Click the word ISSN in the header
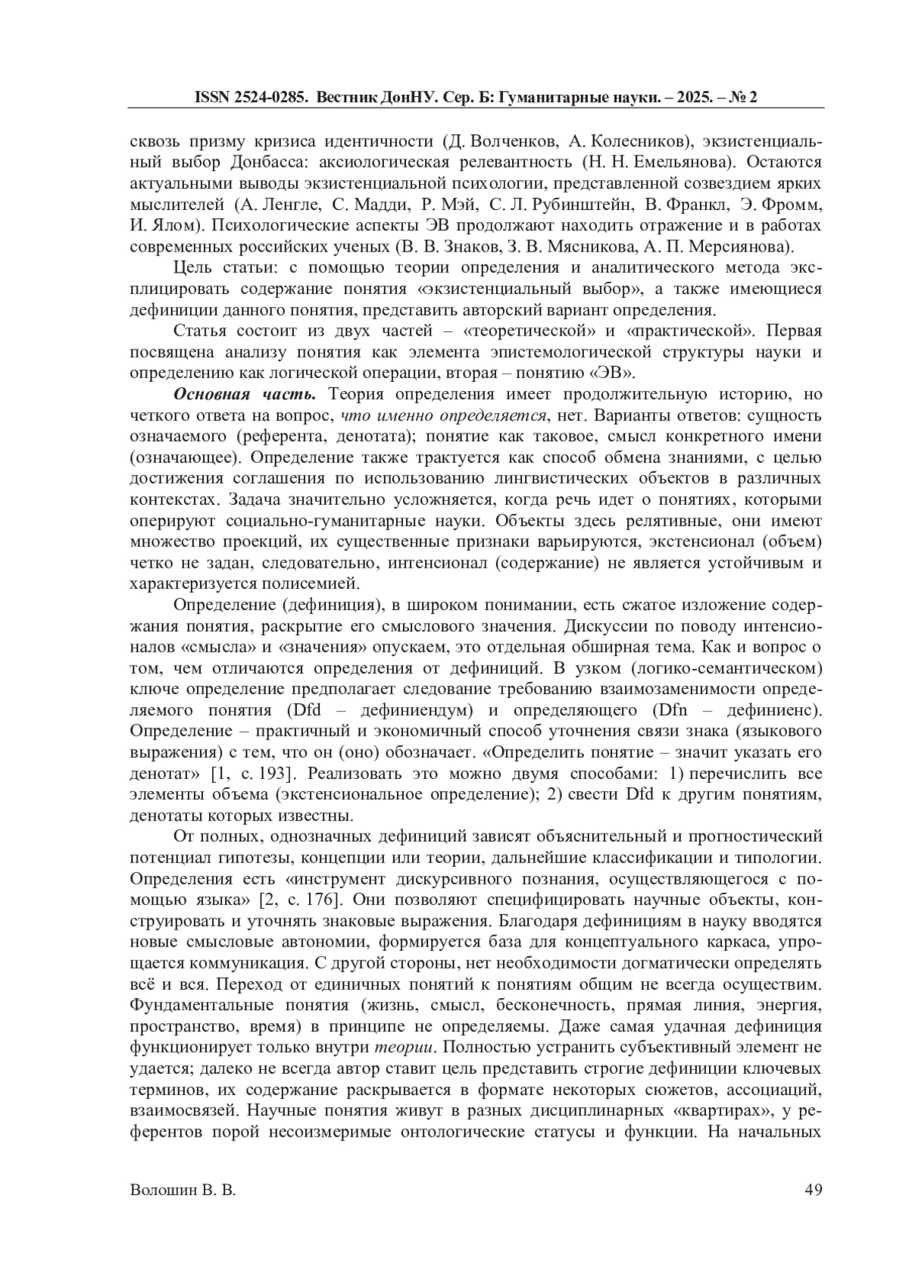pyautogui.click(x=212, y=98)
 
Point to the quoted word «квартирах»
pyautogui.click(x=722, y=1112)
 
